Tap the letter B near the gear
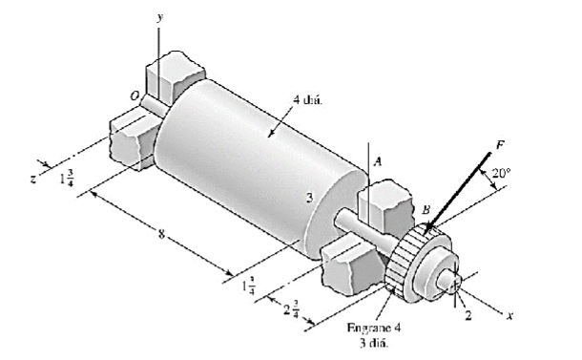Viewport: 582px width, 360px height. [x=426, y=209]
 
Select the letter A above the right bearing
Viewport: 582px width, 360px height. [x=378, y=163]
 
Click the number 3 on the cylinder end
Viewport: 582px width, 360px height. [x=309, y=198]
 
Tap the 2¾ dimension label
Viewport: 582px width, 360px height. [x=292, y=308]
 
